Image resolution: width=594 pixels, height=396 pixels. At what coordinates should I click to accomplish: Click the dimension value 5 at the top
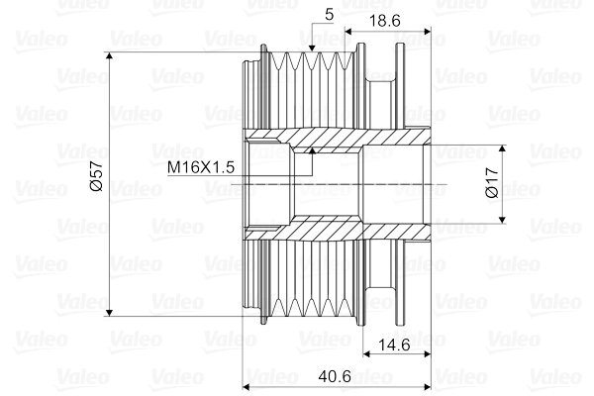pyautogui.click(x=328, y=14)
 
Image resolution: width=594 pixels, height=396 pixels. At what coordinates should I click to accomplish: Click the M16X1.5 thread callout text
pyautogui.click(x=200, y=167)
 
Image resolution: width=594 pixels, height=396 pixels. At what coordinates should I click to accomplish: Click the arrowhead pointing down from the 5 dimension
pyautogui.click(x=312, y=46)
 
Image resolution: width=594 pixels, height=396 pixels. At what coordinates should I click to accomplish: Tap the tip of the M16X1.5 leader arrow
pyautogui.click(x=312, y=151)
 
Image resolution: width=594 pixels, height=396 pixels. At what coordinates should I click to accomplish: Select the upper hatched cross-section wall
pyautogui.click(x=337, y=139)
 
